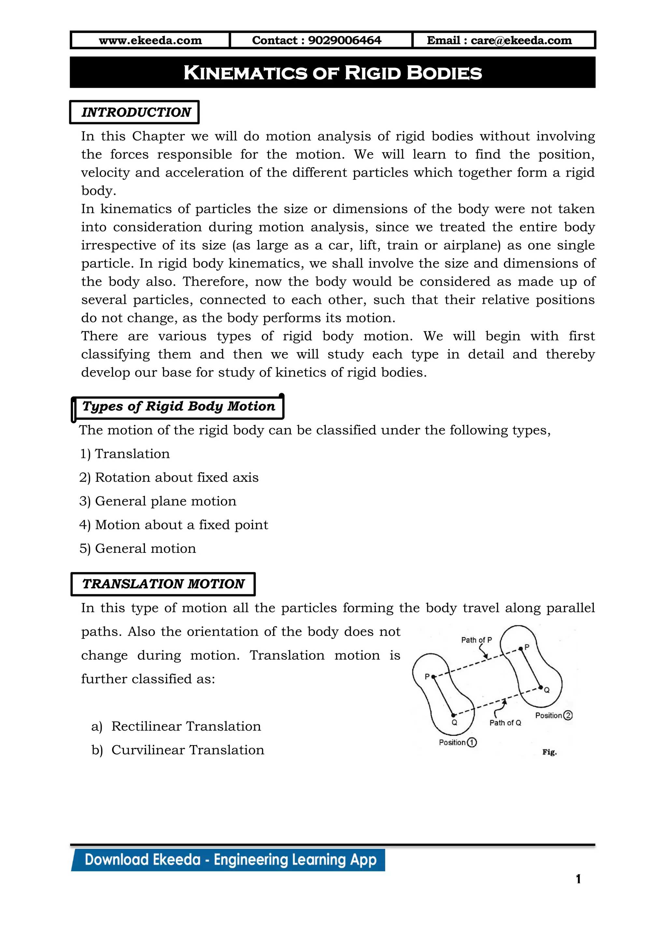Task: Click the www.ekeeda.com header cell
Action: point(150,40)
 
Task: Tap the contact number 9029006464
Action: point(344,40)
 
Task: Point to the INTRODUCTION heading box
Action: point(135,112)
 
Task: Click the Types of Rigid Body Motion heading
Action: point(178,406)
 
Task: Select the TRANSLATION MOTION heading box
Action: point(163,584)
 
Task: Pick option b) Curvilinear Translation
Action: point(178,750)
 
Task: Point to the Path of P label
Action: point(476,640)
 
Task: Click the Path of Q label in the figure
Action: point(505,723)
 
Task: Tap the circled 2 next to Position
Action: point(568,715)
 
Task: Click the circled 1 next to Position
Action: point(472,742)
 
